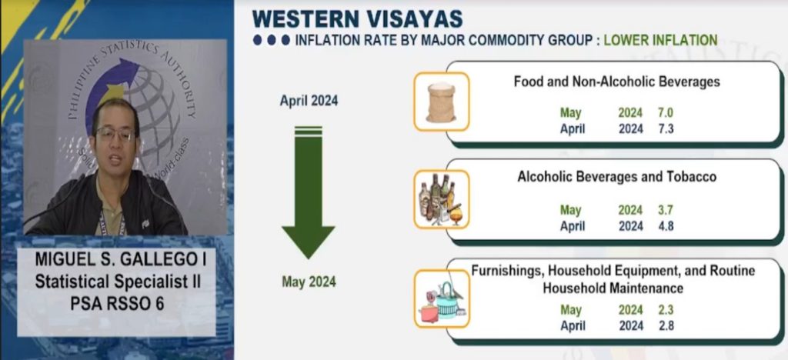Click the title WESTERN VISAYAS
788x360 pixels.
pos(357,19)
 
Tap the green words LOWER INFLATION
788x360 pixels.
pos(660,40)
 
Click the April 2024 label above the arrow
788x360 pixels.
pos(309,101)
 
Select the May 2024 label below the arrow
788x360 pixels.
pos(309,282)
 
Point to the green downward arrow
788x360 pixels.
pos(308,192)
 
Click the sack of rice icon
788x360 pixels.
pos(441,102)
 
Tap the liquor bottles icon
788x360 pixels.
pos(441,199)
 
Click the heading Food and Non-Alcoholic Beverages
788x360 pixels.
pos(616,82)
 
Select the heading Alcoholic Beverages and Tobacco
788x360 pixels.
pos(616,177)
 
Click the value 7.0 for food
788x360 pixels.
pos(665,113)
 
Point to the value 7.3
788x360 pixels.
pos(665,129)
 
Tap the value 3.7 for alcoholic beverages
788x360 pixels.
pos(665,210)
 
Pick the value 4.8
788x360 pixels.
pos(665,226)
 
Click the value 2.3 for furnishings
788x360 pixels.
pos(665,310)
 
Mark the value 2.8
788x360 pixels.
pos(665,326)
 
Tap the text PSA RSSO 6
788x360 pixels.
pos(117,304)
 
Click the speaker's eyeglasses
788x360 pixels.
pos(115,134)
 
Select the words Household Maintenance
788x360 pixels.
pos(613,288)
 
